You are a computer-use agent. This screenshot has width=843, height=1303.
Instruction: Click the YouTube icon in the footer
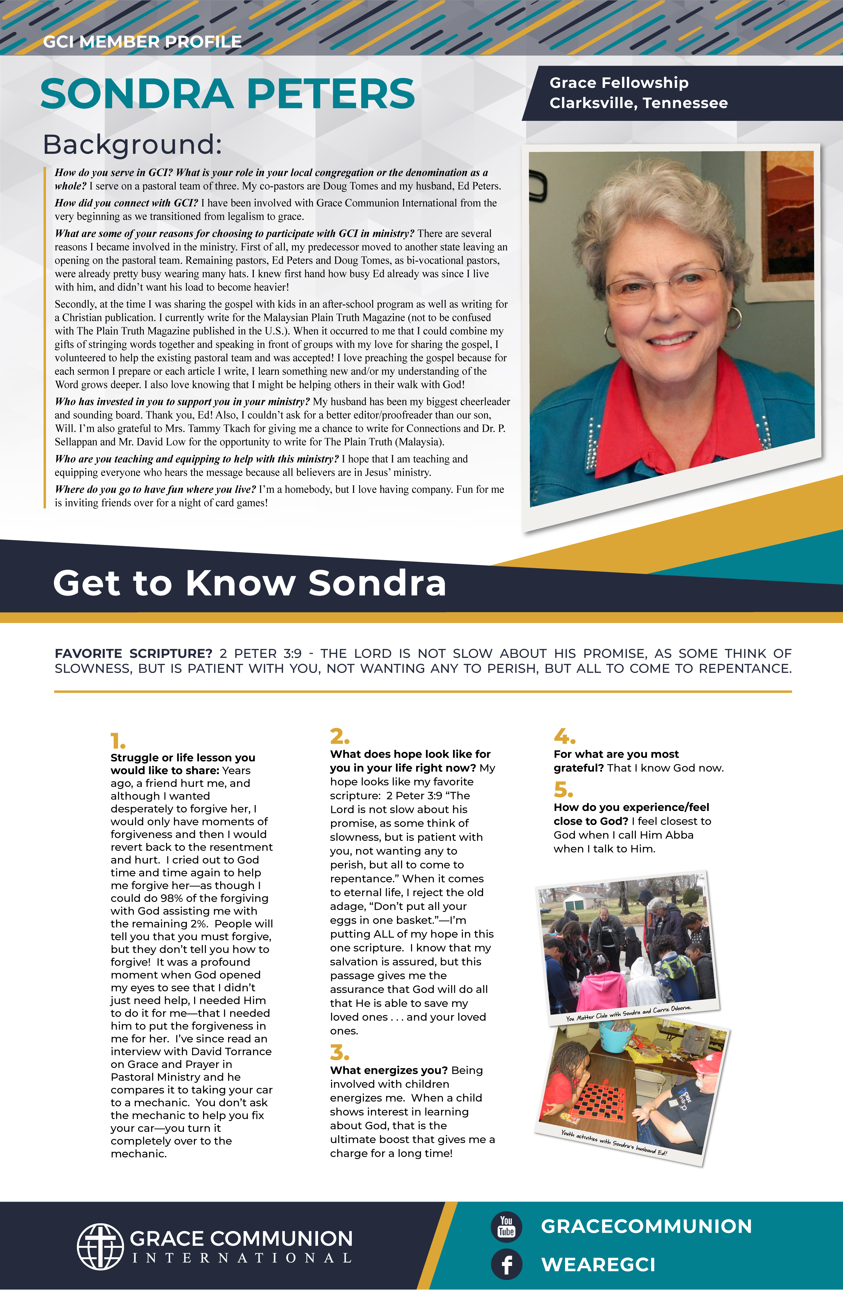pyautogui.click(x=506, y=1227)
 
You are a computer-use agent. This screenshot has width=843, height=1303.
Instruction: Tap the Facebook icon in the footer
pyautogui.click(x=506, y=1264)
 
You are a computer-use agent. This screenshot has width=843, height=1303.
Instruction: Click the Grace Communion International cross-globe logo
pyautogui.click(x=100, y=1247)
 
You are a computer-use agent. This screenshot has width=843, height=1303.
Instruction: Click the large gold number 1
pyautogui.click(x=118, y=741)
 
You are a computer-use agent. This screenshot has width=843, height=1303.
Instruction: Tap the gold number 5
pyautogui.click(x=563, y=789)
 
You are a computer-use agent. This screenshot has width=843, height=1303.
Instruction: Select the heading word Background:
pyautogui.click(x=133, y=145)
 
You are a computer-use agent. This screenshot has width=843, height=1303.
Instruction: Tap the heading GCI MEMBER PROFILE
pyautogui.click(x=142, y=42)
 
